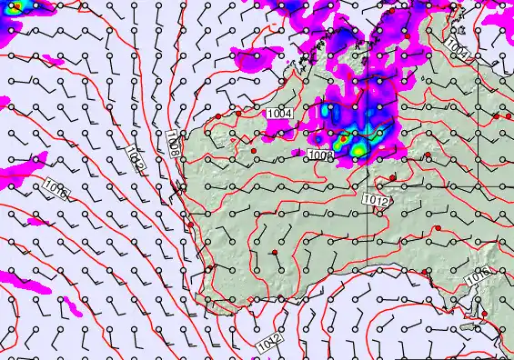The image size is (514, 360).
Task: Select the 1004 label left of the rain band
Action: [280, 113]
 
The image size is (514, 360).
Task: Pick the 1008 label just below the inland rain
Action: [320, 155]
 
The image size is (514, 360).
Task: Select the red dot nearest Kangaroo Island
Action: [486, 315]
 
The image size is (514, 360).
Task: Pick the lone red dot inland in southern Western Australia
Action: [274, 251]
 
